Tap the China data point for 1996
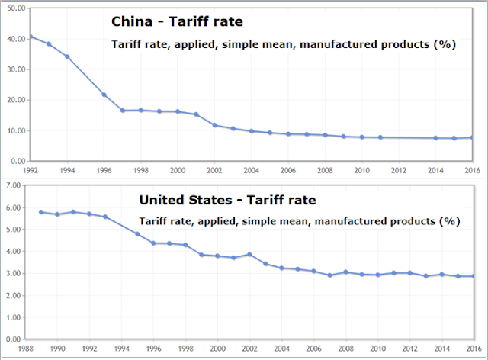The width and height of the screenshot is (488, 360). (x=104, y=95)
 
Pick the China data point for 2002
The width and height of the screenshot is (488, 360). (x=214, y=125)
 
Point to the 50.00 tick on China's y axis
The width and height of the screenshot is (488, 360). (x=15, y=7)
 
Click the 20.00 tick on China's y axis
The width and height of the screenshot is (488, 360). (x=15, y=100)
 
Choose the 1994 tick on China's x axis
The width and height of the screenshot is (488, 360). (x=67, y=169)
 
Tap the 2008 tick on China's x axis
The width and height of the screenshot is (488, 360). (x=325, y=169)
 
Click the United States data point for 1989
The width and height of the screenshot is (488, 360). (x=41, y=212)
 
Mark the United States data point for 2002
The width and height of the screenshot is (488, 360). (x=249, y=255)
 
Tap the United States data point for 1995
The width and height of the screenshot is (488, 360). (x=137, y=233)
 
